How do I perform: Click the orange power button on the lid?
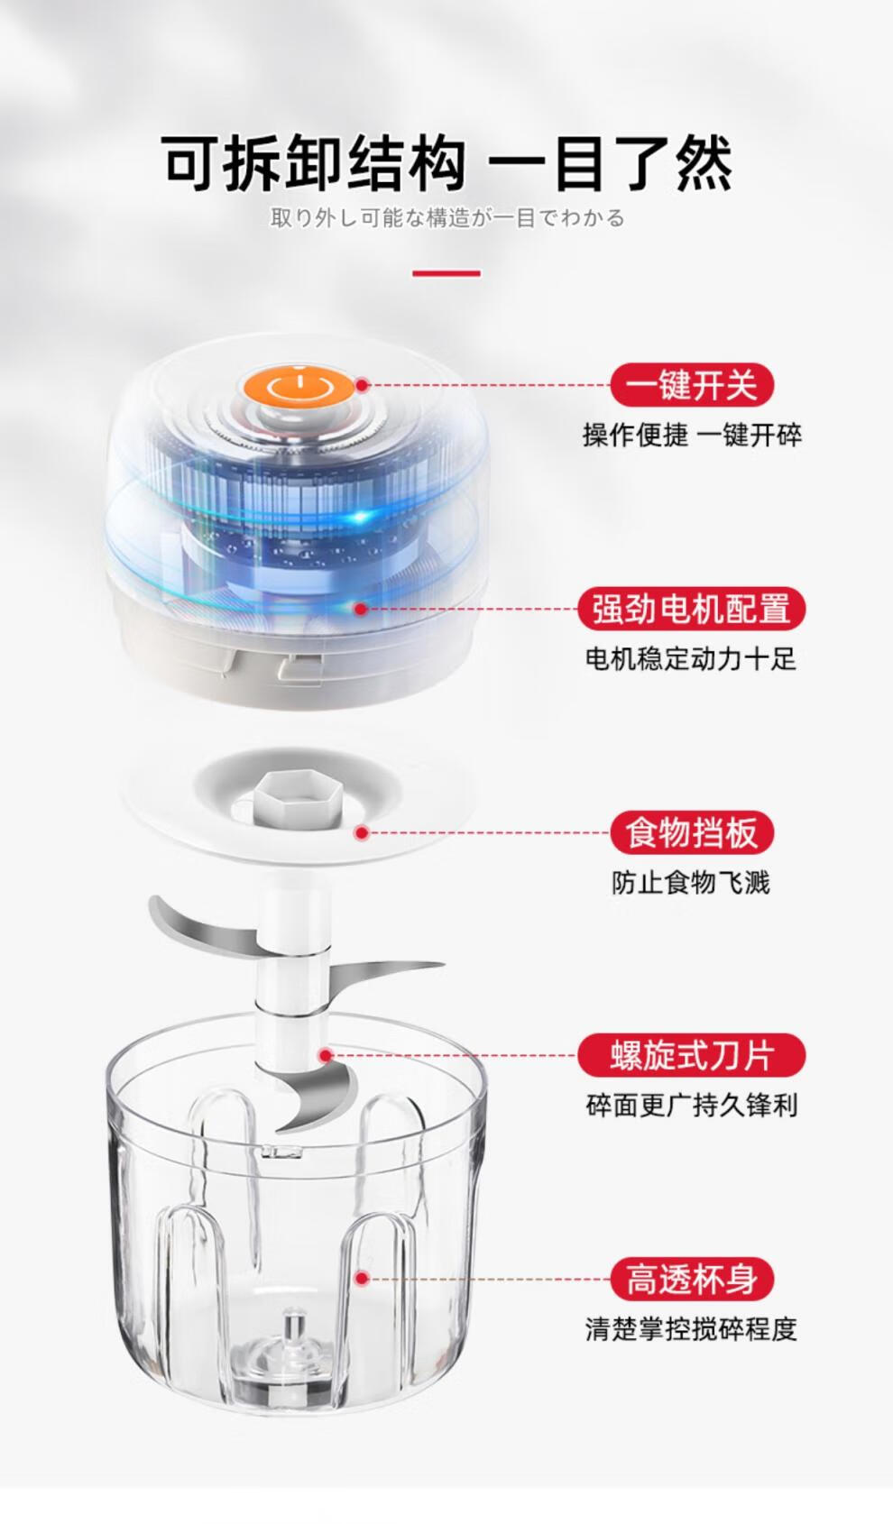click(299, 388)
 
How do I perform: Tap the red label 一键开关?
click(692, 385)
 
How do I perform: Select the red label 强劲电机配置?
click(692, 608)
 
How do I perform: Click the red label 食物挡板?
click(692, 832)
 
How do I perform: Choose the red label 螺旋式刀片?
click(692, 1055)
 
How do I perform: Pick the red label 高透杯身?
click(692, 1279)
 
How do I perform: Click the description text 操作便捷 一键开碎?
click(692, 436)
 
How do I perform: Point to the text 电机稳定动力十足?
click(692, 658)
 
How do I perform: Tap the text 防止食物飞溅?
click(691, 883)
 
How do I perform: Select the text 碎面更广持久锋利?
click(692, 1106)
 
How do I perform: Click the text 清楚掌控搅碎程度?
click(692, 1328)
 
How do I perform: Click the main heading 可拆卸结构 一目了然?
click(447, 163)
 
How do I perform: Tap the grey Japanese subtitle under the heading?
click(447, 218)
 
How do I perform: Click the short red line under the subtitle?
click(446, 273)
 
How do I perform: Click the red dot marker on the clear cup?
click(362, 1279)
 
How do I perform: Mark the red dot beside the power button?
click(362, 385)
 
